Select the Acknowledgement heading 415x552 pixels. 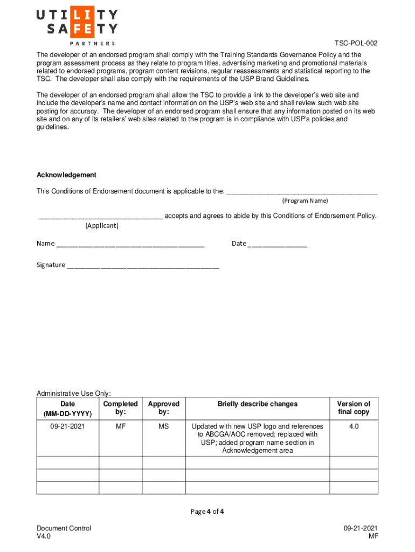pyautogui.click(x=66, y=175)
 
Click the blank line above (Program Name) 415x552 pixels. pyautogui.click(x=302, y=192)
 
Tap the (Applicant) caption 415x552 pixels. pyautogui.click(x=102, y=226)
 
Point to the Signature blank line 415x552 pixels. pyautogui.click(x=143, y=267)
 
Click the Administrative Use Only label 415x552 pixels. pyautogui.click(x=73, y=394)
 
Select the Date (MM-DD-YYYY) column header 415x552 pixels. pyautogui.click(x=68, y=409)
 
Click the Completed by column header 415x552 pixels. pyautogui.click(x=120, y=408)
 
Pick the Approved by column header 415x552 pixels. pyautogui.click(x=163, y=408)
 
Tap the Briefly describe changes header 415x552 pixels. pyautogui.click(x=257, y=404)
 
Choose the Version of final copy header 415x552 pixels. pyautogui.click(x=354, y=408)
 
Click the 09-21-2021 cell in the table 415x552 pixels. pyautogui.click(x=68, y=426)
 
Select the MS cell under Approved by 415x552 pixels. pyautogui.click(x=163, y=426)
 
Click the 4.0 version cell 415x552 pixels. pyautogui.click(x=354, y=426)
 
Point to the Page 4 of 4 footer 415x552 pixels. pyautogui.click(x=207, y=512)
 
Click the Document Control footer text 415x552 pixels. pyautogui.click(x=64, y=529)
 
